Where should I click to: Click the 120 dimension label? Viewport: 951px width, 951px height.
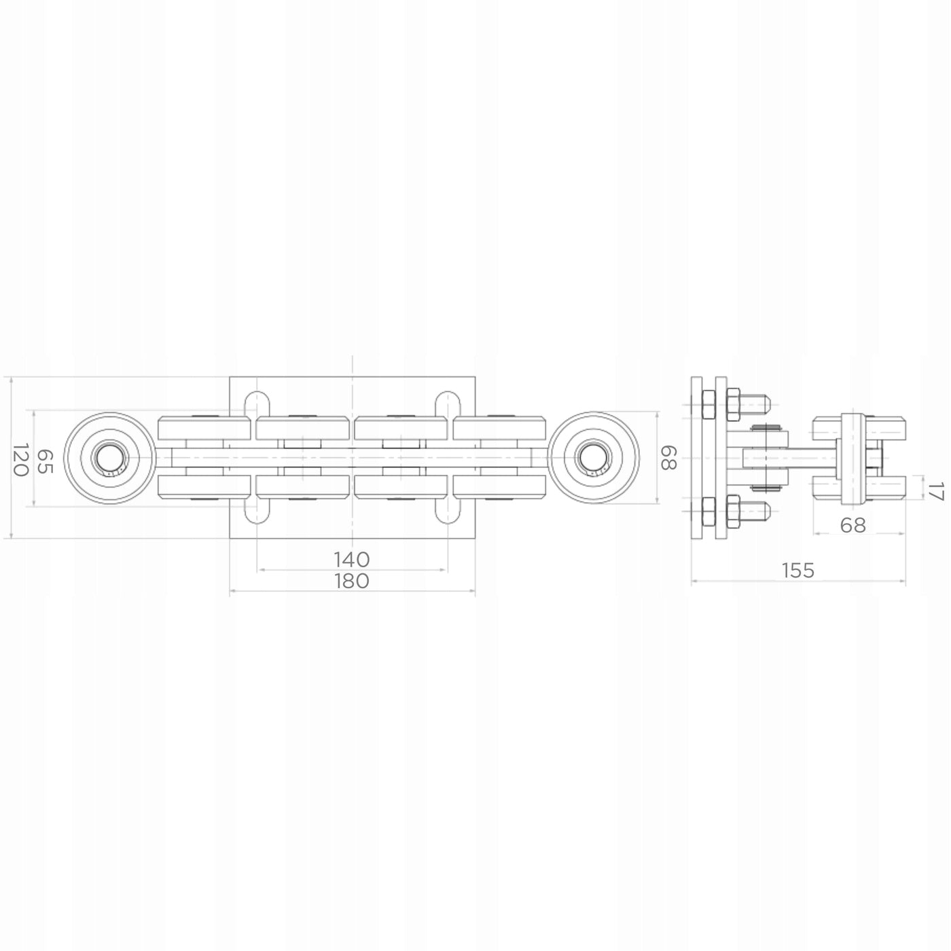click(x=20, y=459)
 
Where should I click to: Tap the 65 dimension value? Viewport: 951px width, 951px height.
click(x=45, y=461)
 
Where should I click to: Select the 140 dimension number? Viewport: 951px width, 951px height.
click(x=352, y=560)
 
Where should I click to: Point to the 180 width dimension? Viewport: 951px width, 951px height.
click(x=352, y=581)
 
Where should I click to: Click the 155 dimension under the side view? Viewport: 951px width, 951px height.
click(x=798, y=571)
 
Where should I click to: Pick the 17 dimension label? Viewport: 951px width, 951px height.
click(x=936, y=492)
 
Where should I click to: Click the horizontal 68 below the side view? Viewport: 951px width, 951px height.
click(x=853, y=525)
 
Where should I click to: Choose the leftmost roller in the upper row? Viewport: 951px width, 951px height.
click(x=204, y=428)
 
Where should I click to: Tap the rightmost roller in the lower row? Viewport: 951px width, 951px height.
click(x=500, y=486)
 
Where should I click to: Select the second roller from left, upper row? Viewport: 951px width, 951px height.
click(x=303, y=428)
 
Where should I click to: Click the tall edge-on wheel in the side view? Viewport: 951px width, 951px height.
click(x=853, y=459)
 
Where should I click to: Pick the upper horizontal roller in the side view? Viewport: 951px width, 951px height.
click(x=859, y=429)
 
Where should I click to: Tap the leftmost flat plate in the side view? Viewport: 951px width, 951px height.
click(x=696, y=458)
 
